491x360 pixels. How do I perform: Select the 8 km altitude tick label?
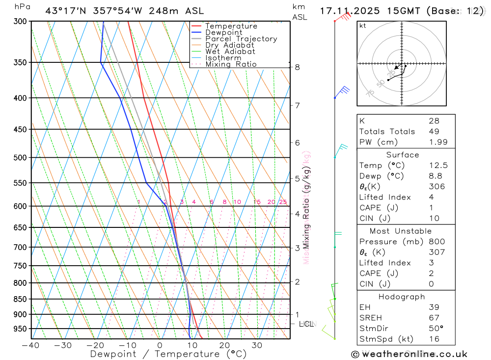pyautogui.click(x=298, y=67)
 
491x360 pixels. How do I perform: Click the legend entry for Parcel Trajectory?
pyautogui.click(x=241, y=39)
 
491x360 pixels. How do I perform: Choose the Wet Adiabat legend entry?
pyautogui.click(x=230, y=52)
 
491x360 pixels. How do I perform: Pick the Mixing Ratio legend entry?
pyautogui.click(x=231, y=64)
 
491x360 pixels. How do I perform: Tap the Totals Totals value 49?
pyautogui.click(x=433, y=131)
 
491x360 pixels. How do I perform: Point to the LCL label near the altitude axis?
pyautogui.click(x=306, y=324)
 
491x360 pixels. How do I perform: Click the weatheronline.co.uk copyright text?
pyautogui.click(x=409, y=354)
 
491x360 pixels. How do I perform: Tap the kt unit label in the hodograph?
pyautogui.click(x=363, y=26)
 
